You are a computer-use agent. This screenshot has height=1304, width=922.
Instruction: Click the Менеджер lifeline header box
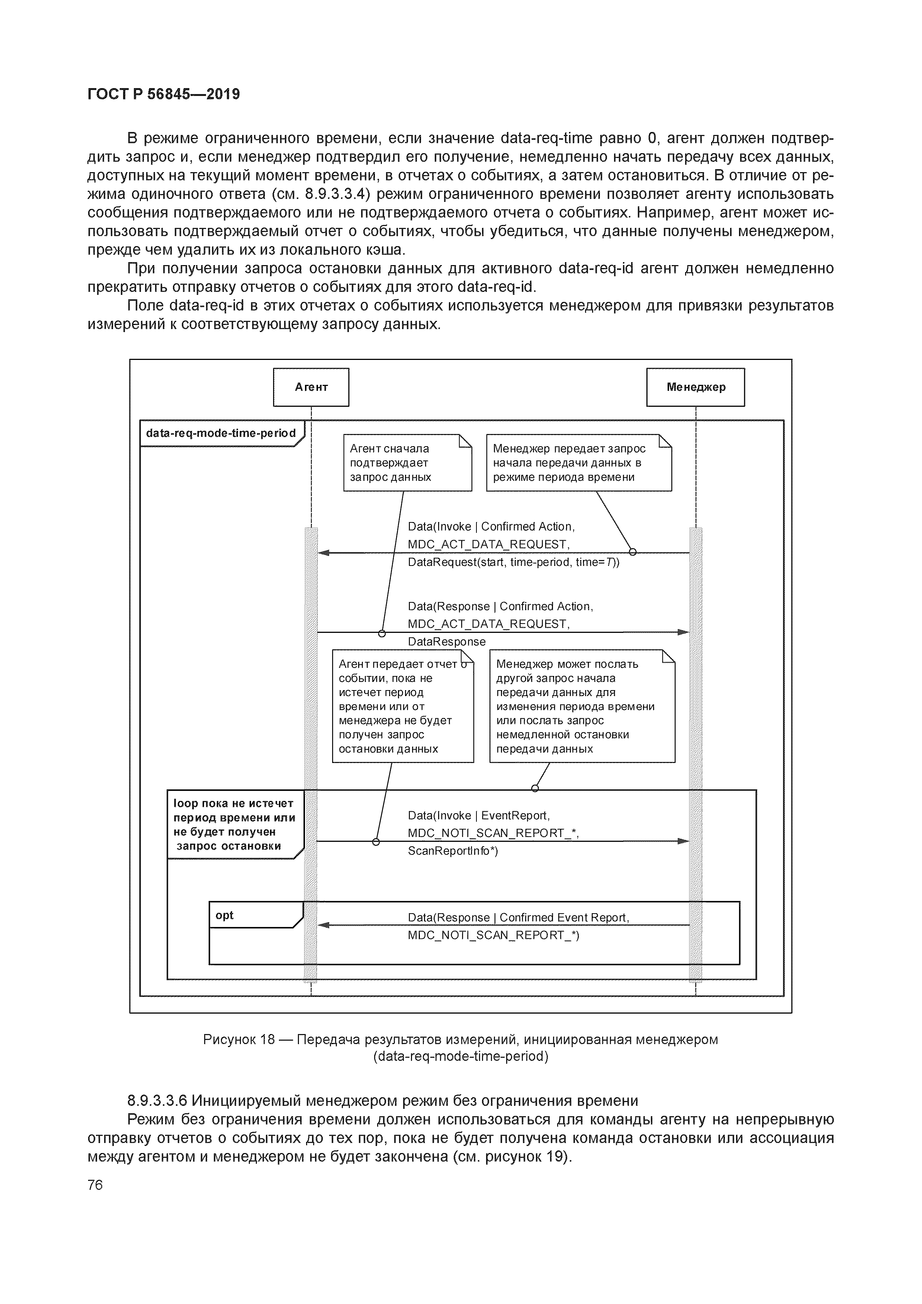point(695,387)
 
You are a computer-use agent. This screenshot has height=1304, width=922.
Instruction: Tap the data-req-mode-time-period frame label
point(221,433)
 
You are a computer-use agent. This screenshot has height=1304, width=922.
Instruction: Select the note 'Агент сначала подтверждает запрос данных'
point(407,463)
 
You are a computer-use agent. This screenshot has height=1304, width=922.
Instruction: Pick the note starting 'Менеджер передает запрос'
point(578,463)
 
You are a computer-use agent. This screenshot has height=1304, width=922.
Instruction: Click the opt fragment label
point(225,915)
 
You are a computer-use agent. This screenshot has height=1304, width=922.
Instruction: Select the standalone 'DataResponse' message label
point(447,642)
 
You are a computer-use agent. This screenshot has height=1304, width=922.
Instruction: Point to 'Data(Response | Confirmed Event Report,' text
point(518,918)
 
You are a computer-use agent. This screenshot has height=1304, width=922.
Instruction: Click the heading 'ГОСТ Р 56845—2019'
point(164,94)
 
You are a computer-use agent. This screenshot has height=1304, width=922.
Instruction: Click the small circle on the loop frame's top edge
point(534,788)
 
